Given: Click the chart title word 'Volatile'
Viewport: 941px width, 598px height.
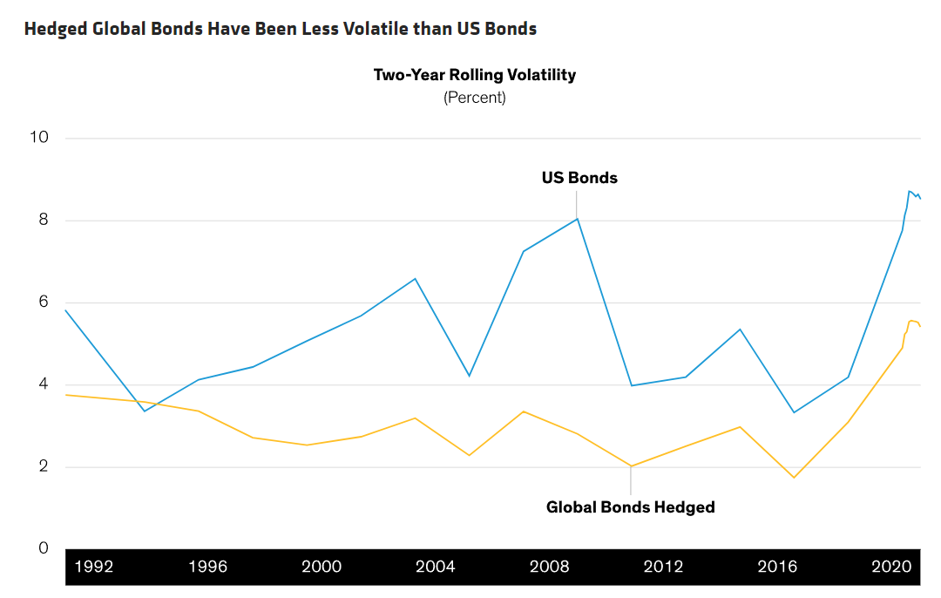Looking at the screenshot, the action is click(x=376, y=29).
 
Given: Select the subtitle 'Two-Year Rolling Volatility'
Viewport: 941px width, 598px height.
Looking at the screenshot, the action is click(x=475, y=75).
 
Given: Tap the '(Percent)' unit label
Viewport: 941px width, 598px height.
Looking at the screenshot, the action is click(x=475, y=98).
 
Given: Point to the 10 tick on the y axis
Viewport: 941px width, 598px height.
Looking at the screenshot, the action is click(x=39, y=137).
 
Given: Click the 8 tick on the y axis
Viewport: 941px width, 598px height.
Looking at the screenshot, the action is click(x=44, y=220).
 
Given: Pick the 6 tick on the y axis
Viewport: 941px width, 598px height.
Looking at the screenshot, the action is click(x=44, y=302).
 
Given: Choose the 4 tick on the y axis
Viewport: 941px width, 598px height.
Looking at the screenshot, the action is click(x=44, y=384).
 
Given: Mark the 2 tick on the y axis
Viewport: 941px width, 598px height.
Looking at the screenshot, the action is click(x=44, y=465).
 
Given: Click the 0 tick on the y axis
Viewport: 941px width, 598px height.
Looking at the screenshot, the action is click(x=44, y=547).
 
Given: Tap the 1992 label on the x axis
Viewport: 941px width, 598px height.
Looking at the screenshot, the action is click(x=94, y=567).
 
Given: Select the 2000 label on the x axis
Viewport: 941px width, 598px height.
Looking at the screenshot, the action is click(x=322, y=567).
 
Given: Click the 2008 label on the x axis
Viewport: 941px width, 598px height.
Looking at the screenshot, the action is click(x=549, y=567).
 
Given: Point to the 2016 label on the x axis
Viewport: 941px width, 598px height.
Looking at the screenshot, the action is click(x=777, y=567).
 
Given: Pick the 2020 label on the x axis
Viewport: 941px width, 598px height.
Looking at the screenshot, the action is click(x=892, y=567).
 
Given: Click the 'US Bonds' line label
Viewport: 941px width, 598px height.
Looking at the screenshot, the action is click(x=579, y=178).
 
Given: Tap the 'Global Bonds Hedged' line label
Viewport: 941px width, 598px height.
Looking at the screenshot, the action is click(x=631, y=507).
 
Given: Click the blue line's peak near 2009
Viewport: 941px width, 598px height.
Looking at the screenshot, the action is click(x=578, y=219).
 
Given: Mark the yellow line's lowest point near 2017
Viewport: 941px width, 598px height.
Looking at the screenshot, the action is click(x=794, y=478).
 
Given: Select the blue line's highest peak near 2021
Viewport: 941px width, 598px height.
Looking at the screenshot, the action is click(x=910, y=191).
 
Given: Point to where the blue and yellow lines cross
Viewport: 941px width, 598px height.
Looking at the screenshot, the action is click(x=153, y=404).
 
